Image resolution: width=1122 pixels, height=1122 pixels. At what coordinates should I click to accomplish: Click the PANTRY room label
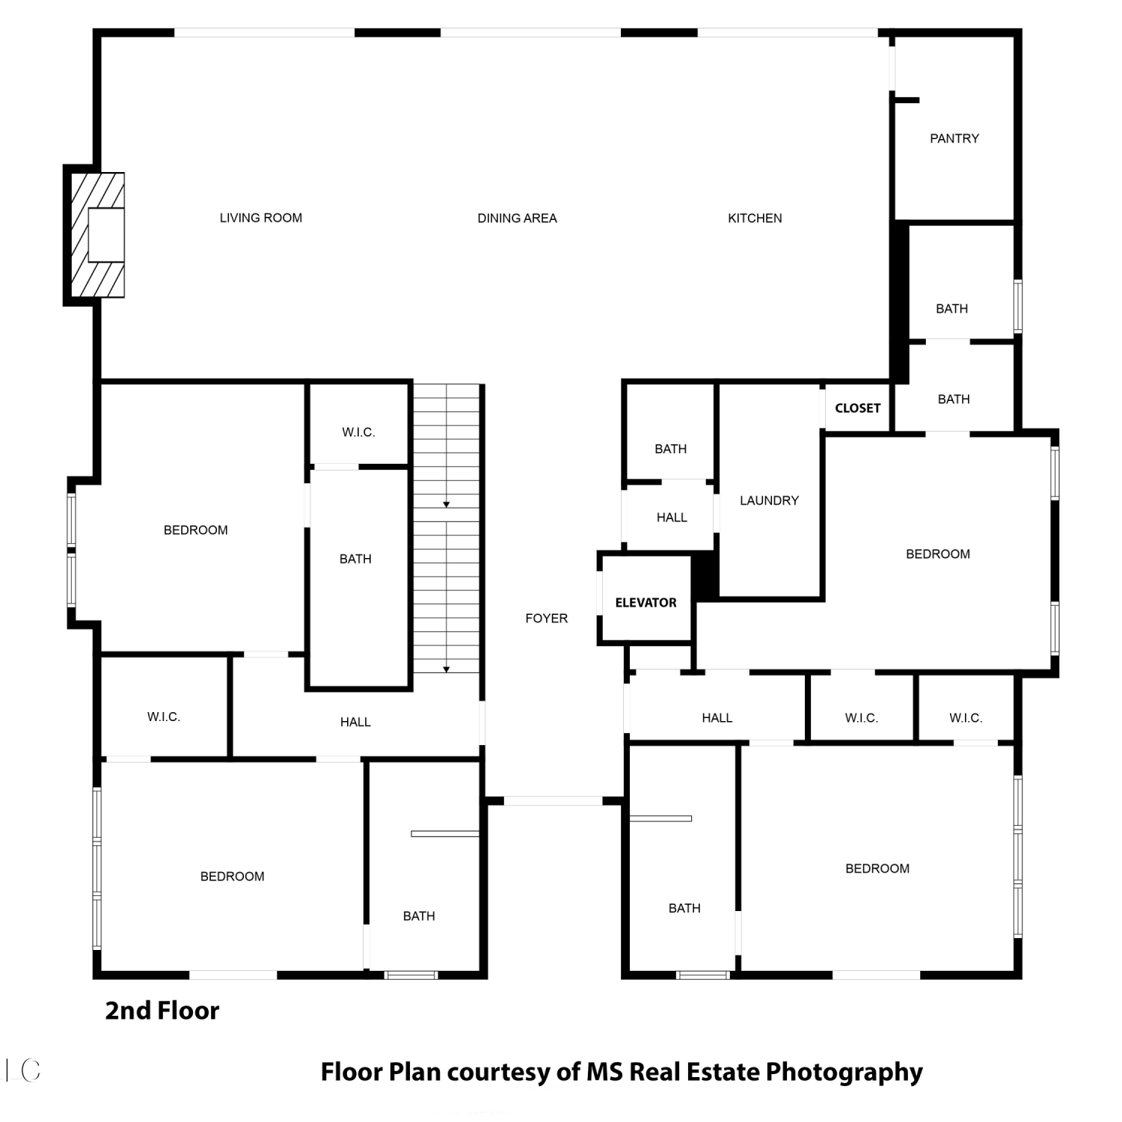tap(954, 138)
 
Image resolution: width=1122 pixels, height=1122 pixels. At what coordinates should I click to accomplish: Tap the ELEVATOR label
tap(646, 602)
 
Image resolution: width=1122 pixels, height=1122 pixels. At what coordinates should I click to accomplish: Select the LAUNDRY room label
tap(769, 500)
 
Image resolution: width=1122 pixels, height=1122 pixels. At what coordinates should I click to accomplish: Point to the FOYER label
tap(546, 618)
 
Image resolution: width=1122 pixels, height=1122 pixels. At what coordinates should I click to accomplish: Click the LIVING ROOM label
tap(261, 218)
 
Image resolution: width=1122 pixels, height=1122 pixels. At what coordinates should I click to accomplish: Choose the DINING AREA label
tap(517, 218)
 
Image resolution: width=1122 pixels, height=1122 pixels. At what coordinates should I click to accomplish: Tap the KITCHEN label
tap(755, 218)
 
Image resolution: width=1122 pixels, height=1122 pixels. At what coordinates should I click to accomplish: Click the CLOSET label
tap(857, 408)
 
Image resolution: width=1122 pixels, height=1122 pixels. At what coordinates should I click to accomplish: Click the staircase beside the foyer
tap(447, 528)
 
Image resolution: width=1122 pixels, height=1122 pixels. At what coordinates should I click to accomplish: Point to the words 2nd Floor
tap(162, 1011)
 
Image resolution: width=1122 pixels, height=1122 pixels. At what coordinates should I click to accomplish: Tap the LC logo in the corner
tap(22, 1070)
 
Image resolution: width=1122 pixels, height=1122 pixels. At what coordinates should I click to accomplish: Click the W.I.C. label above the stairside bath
tap(358, 432)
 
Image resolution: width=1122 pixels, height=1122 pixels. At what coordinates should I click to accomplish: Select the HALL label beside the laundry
tap(672, 518)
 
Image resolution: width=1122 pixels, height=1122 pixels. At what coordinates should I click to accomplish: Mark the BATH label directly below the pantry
tap(951, 309)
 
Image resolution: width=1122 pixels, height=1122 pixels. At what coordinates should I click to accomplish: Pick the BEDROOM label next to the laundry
tap(937, 554)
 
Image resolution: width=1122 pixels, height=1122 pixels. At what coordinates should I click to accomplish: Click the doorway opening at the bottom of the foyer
tap(553, 801)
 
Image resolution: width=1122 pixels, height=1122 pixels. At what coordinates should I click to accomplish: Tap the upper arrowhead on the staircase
tap(447, 505)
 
